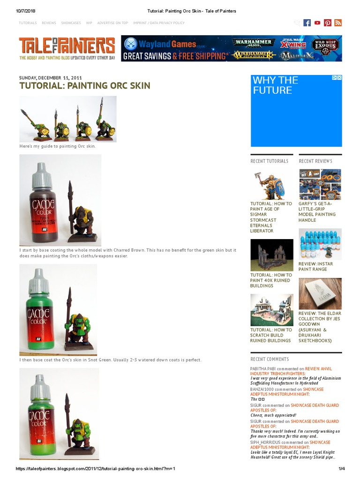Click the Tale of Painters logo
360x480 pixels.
point(67,48)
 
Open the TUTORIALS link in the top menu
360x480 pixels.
point(28,23)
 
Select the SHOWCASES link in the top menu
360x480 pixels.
point(71,23)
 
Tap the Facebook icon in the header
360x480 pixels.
point(307,23)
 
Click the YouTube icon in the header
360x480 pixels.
point(317,23)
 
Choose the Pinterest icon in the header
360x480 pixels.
point(328,23)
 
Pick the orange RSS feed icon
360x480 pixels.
point(338,23)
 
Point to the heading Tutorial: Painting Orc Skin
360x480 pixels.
point(84,85)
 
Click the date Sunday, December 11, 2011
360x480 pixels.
point(50,77)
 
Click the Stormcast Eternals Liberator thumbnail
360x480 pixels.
point(271,185)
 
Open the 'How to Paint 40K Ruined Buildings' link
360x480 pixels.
point(271,280)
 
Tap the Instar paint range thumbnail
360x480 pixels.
point(320,244)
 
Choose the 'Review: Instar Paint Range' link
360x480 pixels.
point(316,267)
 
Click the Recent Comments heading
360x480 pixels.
point(270,359)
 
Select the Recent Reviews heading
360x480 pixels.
point(315,161)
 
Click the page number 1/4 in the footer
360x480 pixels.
point(341,469)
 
